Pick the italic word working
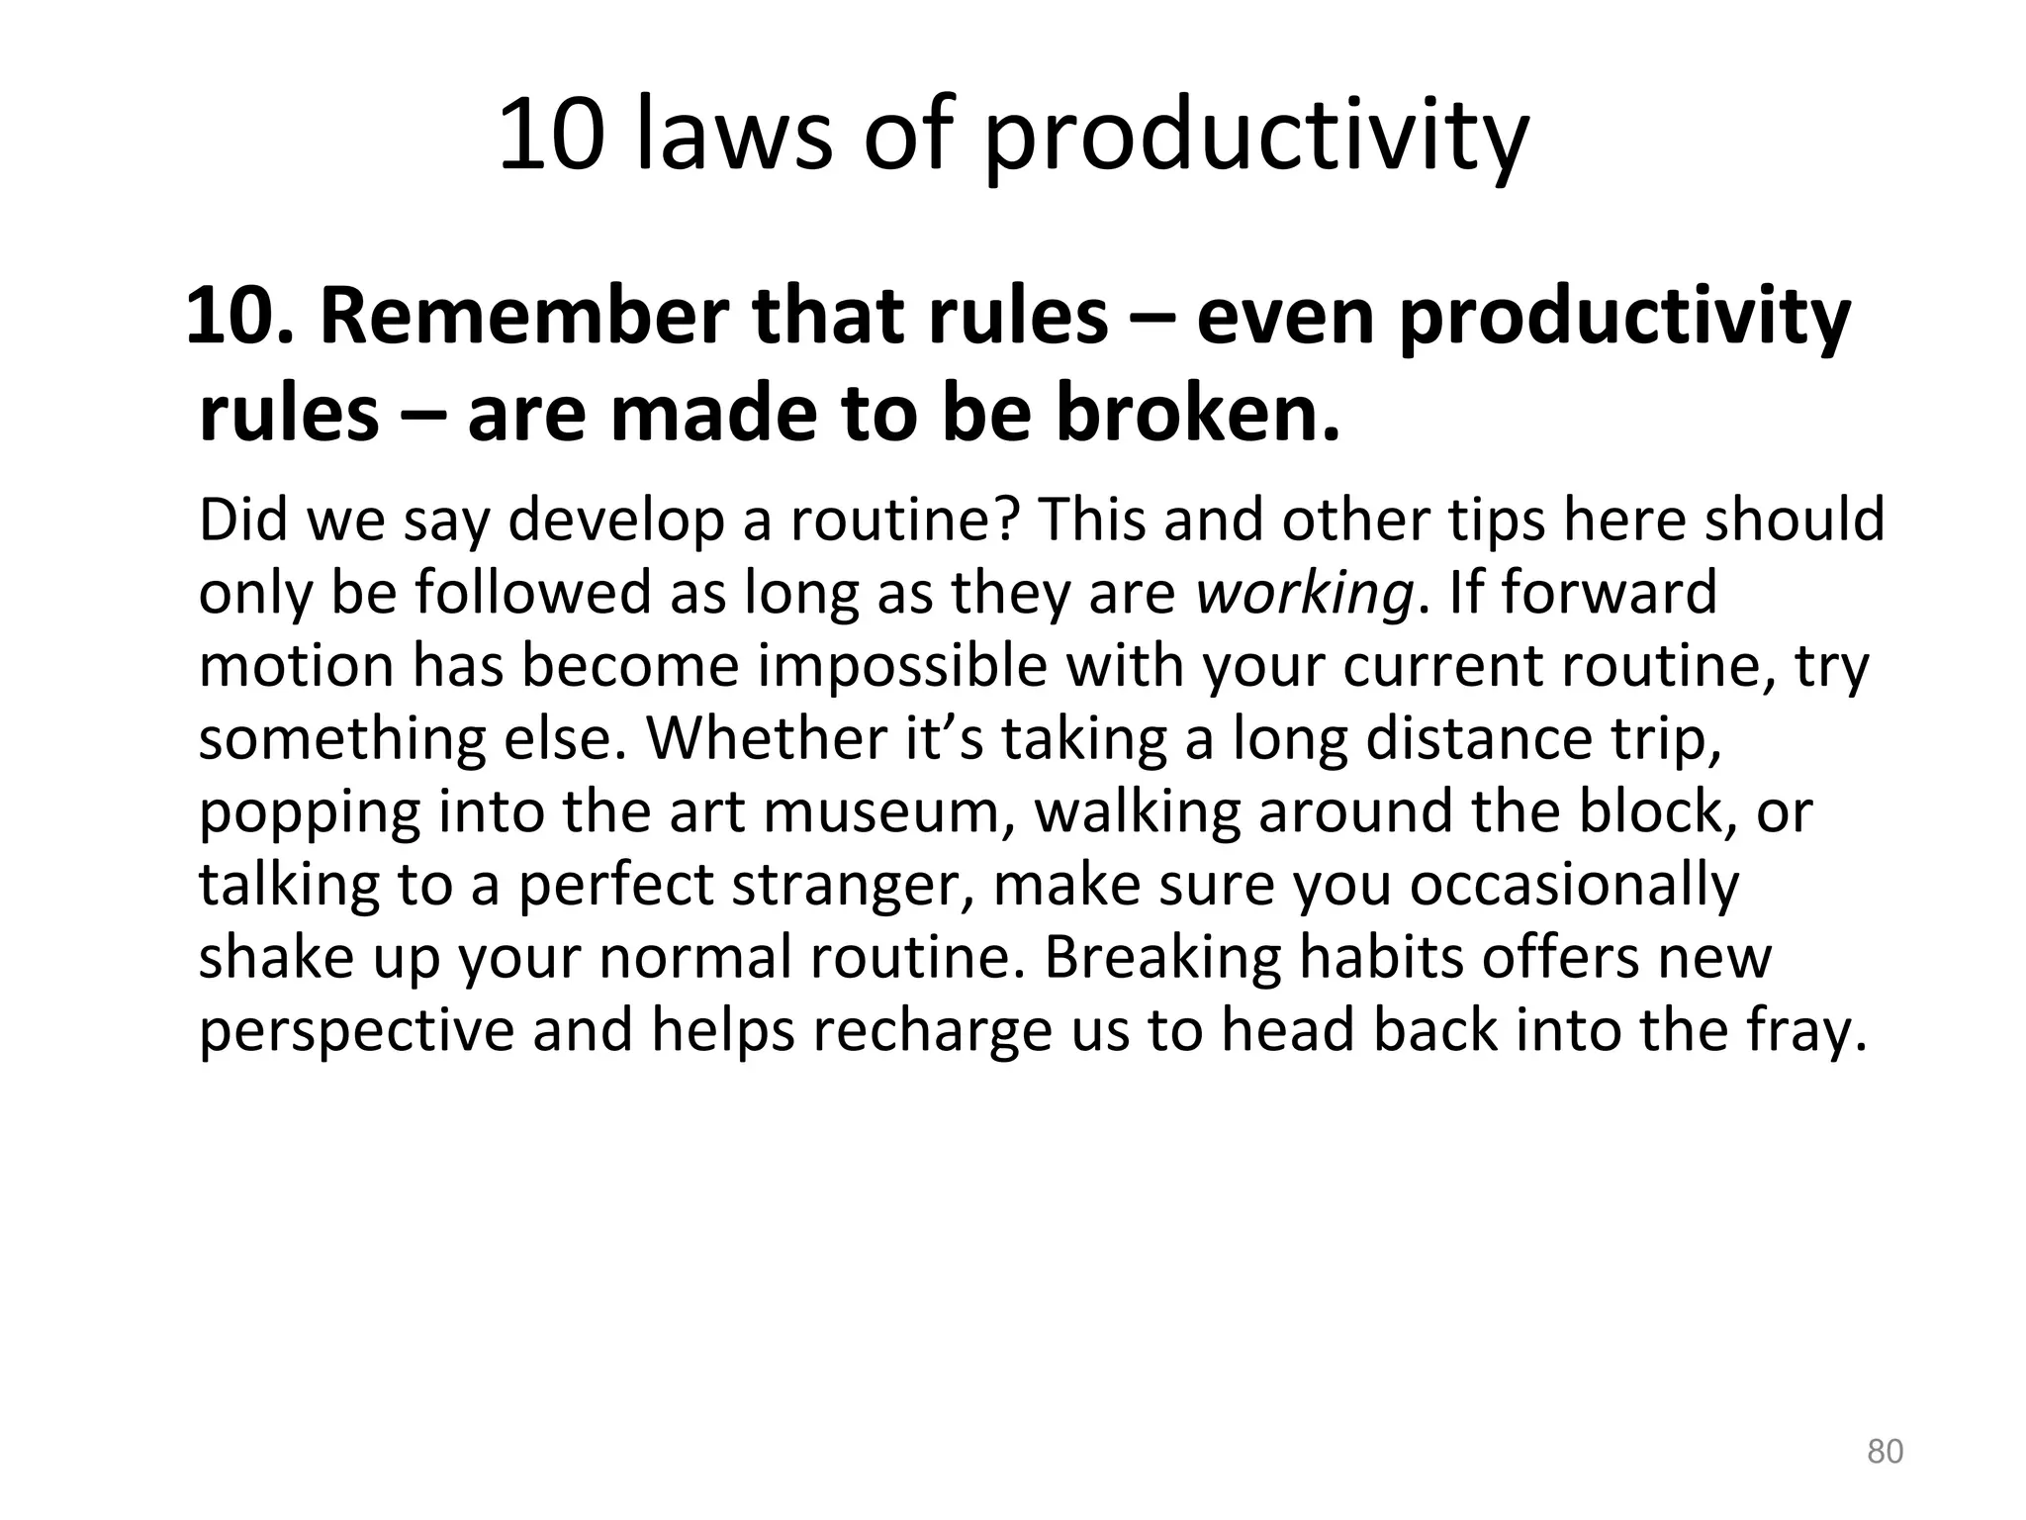1304,592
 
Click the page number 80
1885,1451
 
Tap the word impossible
902,665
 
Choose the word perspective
356,1030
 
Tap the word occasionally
1573,884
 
